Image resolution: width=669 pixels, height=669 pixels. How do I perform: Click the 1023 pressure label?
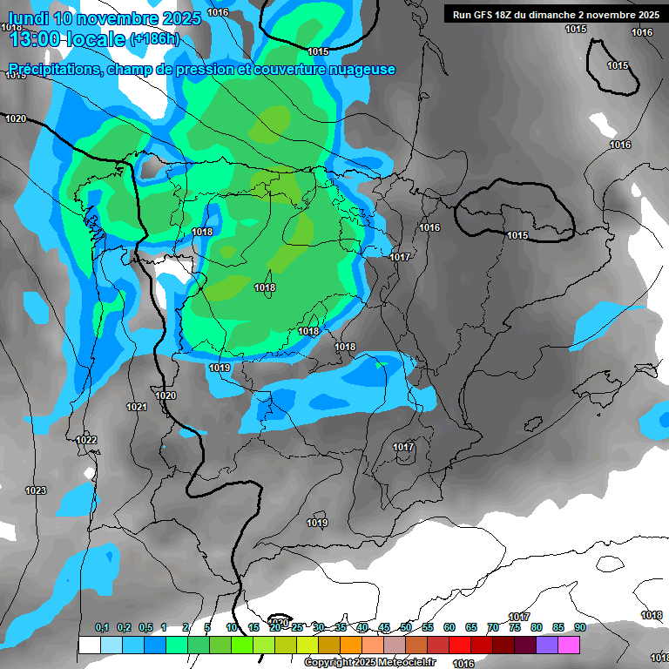(x=35, y=491)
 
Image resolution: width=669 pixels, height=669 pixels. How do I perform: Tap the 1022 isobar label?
(x=86, y=440)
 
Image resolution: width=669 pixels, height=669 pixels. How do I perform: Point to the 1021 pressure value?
(x=136, y=407)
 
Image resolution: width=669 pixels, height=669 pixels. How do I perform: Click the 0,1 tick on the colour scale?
(x=102, y=627)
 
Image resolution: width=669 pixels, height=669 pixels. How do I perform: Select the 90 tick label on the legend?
(x=580, y=627)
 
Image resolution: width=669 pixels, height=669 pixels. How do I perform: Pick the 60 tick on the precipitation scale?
(x=449, y=627)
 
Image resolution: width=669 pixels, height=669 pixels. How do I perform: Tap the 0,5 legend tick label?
(x=145, y=627)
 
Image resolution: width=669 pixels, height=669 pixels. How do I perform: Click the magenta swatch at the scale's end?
(x=569, y=645)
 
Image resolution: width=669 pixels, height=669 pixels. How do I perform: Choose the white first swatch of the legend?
(x=89, y=645)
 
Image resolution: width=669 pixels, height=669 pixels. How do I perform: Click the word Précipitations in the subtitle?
(x=53, y=69)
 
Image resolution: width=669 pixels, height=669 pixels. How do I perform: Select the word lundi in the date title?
(x=29, y=17)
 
